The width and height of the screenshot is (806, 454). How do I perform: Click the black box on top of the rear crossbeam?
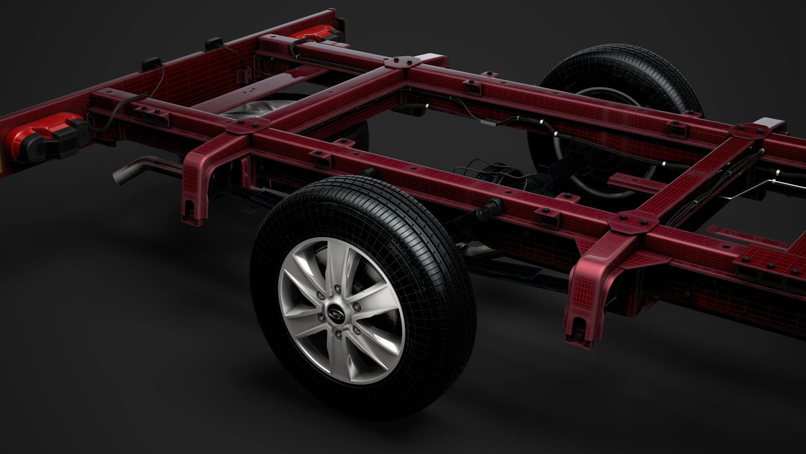(x=213, y=45)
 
